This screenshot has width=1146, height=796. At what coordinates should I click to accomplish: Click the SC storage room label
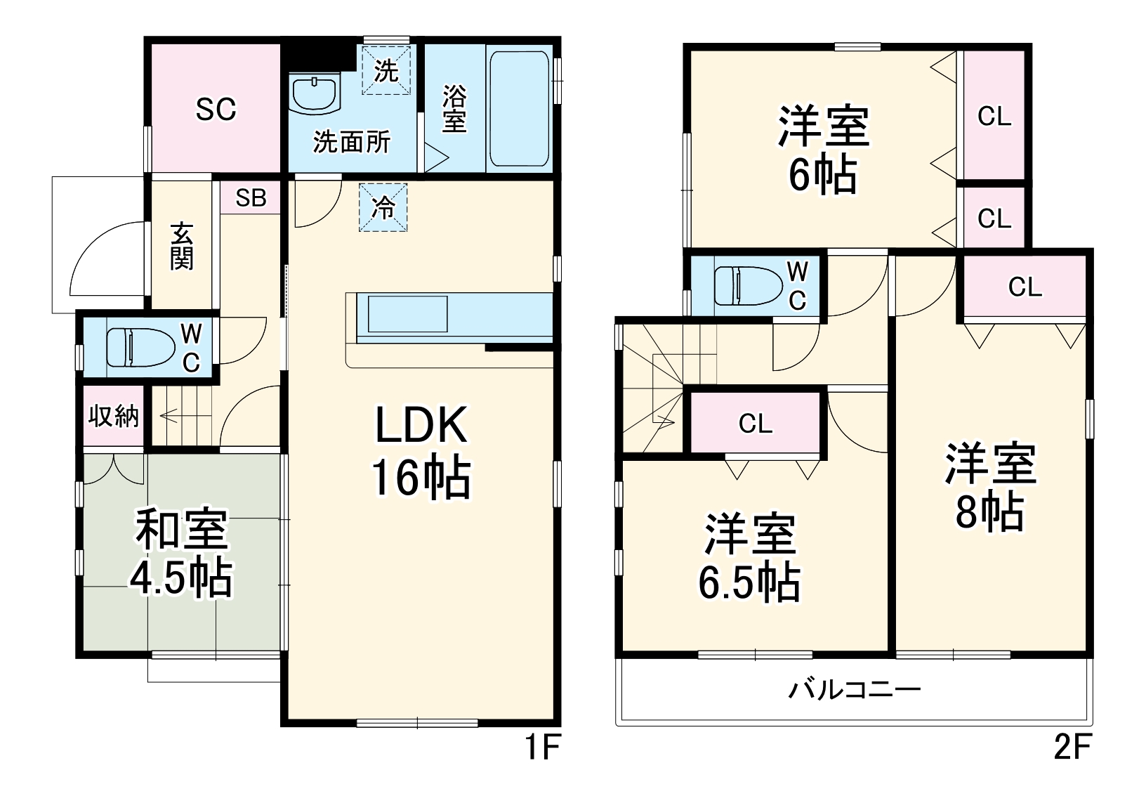[216, 109]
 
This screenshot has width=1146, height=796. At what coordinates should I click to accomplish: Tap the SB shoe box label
[251, 197]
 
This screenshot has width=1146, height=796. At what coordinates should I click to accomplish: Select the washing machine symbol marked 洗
[386, 70]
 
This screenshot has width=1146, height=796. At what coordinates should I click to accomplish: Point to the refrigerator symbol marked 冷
[383, 207]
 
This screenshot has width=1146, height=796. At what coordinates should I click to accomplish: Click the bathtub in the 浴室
[519, 108]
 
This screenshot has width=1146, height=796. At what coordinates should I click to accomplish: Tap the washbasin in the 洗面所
[315, 94]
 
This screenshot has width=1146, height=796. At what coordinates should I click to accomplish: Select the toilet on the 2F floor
[748, 286]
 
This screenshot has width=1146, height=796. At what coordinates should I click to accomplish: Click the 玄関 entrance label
[181, 246]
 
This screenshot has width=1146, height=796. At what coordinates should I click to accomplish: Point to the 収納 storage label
[113, 416]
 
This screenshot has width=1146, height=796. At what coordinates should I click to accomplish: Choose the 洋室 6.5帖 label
[750, 558]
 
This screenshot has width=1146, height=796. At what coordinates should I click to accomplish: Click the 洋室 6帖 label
[824, 149]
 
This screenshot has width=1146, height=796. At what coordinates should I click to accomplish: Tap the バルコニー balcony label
[854, 689]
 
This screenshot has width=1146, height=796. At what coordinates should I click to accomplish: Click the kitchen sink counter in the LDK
[407, 313]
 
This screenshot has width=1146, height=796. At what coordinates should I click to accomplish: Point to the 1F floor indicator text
[543, 748]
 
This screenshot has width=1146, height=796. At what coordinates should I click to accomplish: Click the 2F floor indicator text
[1072, 748]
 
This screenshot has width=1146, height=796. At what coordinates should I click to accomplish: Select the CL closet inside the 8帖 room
[1025, 287]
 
